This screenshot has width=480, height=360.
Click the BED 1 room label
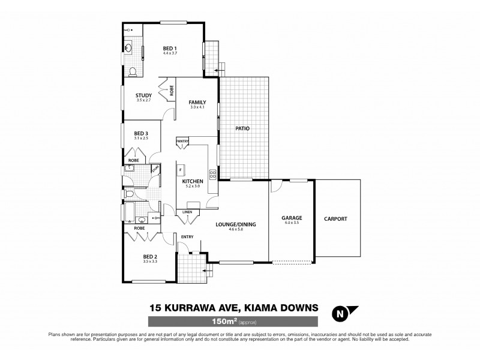[170, 47]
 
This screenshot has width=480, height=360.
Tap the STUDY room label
[143, 95]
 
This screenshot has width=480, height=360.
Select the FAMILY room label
[197, 102]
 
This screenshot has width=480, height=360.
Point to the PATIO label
[242, 128]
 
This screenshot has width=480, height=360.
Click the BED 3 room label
[141, 133]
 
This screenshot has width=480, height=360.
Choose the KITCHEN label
[193, 181]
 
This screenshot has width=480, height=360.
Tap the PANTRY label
[183, 142]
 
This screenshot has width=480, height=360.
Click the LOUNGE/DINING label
[236, 224]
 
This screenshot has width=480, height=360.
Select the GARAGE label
[292, 218]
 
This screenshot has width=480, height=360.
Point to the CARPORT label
[335, 219]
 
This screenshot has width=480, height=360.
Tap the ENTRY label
[187, 237]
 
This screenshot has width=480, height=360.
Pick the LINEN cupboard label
[187, 211]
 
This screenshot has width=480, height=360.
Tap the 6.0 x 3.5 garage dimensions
[292, 223]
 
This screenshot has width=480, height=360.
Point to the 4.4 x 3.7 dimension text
[170, 53]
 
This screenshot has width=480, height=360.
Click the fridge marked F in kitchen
[180, 170]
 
